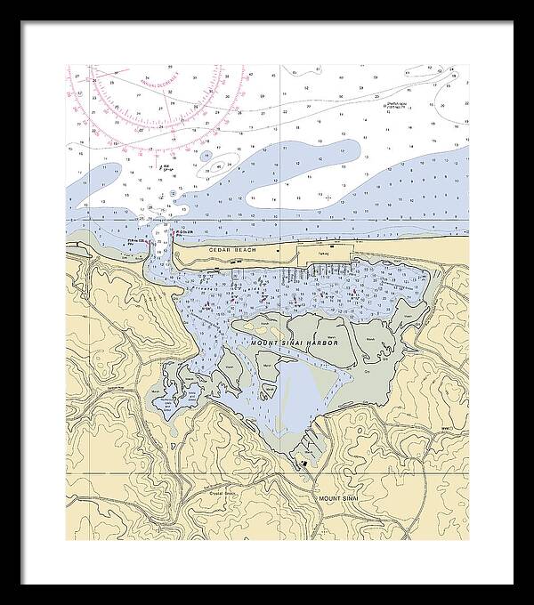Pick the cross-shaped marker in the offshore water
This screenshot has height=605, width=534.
tap(328, 198)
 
